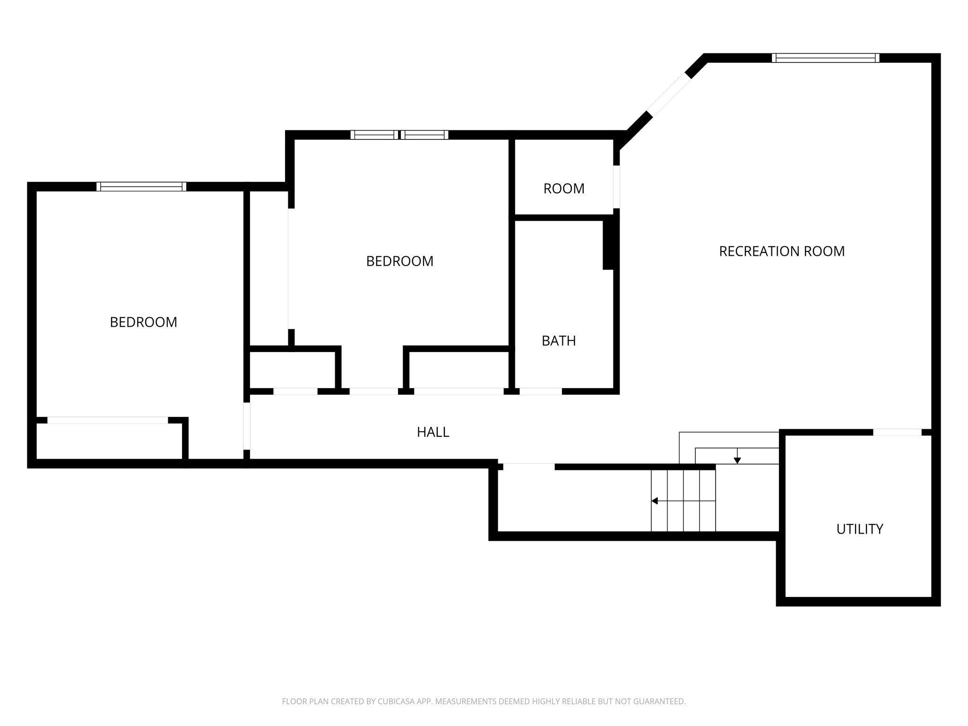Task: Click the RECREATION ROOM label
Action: (x=781, y=251)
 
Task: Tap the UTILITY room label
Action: (x=859, y=529)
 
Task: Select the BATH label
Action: (x=558, y=341)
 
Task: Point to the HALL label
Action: (x=432, y=432)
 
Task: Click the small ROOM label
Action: (x=563, y=189)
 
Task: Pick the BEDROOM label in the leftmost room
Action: (x=143, y=322)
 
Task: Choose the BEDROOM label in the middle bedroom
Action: (x=399, y=261)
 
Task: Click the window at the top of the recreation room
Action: (x=825, y=58)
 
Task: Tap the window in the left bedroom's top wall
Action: (x=141, y=187)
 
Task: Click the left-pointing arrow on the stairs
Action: (x=655, y=501)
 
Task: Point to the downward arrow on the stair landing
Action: (x=737, y=460)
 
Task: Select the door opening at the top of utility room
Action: (x=897, y=432)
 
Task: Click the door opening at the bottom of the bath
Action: (x=540, y=391)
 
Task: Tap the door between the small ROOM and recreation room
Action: (x=616, y=187)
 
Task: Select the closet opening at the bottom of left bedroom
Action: (x=107, y=420)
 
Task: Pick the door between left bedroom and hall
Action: (x=246, y=426)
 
